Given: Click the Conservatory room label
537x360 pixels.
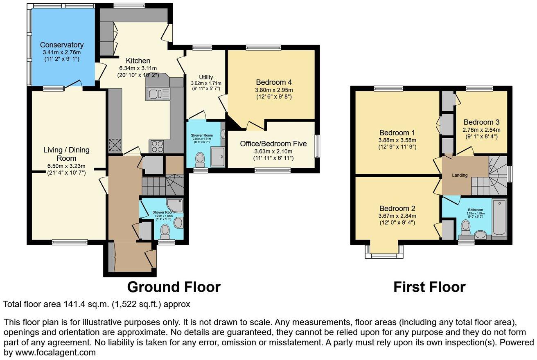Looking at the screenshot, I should coord(62,45).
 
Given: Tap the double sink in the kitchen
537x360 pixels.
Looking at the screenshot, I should coord(158,94).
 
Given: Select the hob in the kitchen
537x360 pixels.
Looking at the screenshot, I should coord(158,145).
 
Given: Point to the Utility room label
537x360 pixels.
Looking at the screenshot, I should coord(206,77).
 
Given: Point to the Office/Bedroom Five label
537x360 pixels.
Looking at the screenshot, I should coord(274,144).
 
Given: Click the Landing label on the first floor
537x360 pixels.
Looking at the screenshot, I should coord(460,175).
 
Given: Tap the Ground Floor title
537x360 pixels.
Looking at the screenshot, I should coord(174,287).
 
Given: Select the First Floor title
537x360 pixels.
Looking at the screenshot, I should coord(429,287).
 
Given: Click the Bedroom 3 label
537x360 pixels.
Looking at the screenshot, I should coord(481,122).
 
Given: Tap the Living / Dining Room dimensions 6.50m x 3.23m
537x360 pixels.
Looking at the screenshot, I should coord(66,166).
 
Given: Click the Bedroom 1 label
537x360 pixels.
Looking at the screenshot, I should coord(397,133).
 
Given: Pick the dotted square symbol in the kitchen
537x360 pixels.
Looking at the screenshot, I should coord(115,145).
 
